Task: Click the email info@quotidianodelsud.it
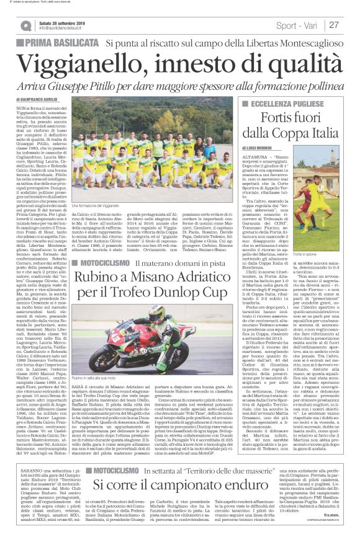tap(60, 29)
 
